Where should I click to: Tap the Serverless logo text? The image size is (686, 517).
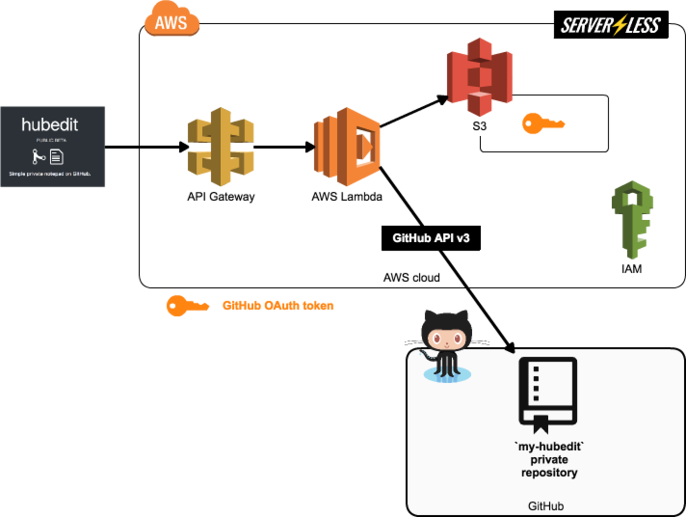610,25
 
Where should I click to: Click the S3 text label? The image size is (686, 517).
479,126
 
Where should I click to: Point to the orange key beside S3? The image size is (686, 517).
543,124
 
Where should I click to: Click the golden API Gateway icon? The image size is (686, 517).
221,146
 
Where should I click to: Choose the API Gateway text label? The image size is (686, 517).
221,197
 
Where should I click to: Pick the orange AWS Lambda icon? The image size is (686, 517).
347,147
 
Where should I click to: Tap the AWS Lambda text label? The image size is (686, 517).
347,197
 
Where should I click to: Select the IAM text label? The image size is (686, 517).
631,269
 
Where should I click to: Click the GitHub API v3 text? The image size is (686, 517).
431,238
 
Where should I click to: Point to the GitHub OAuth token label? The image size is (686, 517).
278,306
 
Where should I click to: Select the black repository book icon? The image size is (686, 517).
548,394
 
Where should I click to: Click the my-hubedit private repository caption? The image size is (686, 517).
549,459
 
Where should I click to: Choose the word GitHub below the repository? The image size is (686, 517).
546,506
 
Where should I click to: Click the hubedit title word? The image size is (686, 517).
50,125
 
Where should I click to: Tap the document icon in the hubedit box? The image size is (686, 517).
56,157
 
